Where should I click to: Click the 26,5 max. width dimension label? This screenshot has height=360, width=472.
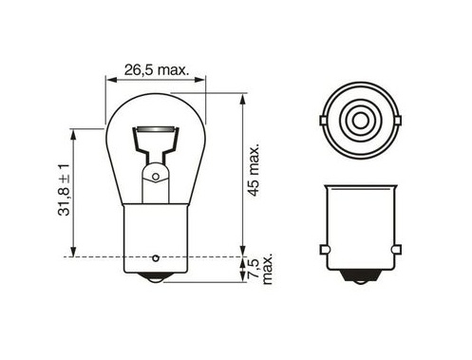[156, 70]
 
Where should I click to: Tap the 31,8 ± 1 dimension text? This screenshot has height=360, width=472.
[64, 190]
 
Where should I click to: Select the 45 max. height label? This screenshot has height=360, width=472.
[254, 170]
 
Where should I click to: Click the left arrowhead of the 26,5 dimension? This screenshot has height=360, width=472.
[110, 80]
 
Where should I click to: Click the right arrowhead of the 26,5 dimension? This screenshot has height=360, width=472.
[200, 80]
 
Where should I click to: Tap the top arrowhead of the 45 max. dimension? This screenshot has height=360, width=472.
[242, 99]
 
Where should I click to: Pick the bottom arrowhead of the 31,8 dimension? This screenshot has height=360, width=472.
[73, 251]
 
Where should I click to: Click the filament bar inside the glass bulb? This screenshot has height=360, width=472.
[156, 130]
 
